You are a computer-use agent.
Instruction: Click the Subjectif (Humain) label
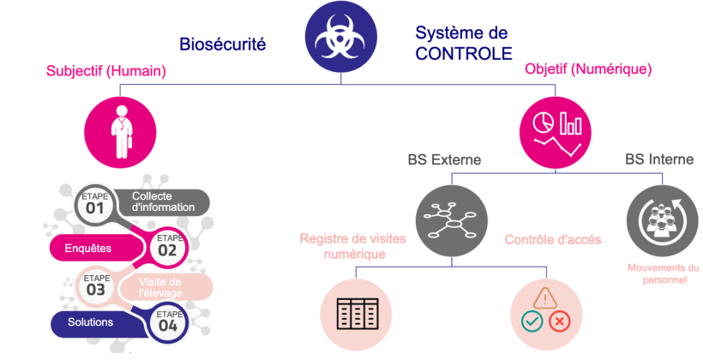coord(105,71)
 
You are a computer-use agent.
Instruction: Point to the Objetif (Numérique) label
coord(588,69)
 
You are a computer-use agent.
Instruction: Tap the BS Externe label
coord(443,159)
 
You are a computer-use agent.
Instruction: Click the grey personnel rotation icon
coord(662,219)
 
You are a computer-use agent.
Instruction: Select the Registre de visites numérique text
coord(344,246)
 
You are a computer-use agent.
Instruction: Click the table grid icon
coord(355,314)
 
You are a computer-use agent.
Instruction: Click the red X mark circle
coord(558,322)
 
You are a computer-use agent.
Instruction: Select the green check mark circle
coord(531,322)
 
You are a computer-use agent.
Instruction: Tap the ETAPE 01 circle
coord(94,204)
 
